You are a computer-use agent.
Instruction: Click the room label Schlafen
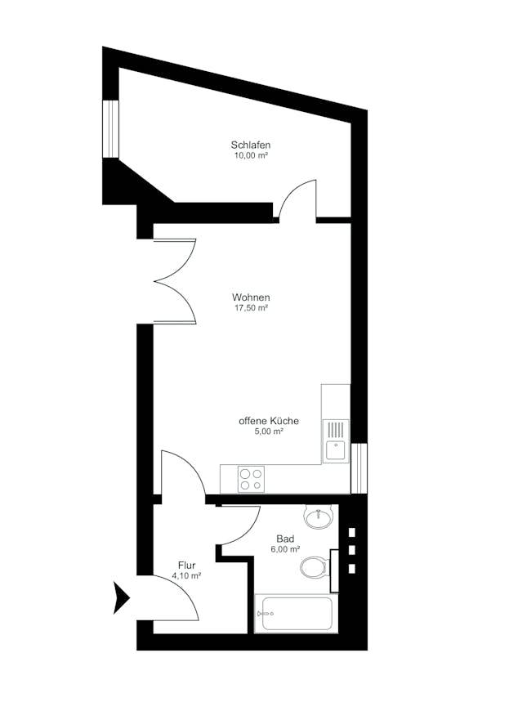coord(250,145)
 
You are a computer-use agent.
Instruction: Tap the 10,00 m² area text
coord(250,156)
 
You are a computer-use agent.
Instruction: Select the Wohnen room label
coord(251,297)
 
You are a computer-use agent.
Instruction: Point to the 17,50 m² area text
coord(251,308)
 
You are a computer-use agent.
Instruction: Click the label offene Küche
coord(268,421)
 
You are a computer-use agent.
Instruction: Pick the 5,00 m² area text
coord(268,432)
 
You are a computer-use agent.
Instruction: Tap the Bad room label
coord(285,539)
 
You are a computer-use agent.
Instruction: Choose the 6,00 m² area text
coord(285,549)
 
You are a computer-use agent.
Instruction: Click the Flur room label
coord(186,565)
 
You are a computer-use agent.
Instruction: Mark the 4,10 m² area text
coord(186,575)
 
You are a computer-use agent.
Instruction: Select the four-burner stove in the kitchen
coord(250,479)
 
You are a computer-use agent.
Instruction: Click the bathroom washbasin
coord(318,517)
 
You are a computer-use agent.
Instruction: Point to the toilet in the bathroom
coord(315,566)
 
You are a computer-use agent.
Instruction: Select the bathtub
coord(295,615)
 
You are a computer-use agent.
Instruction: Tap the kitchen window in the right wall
coord(359,467)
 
